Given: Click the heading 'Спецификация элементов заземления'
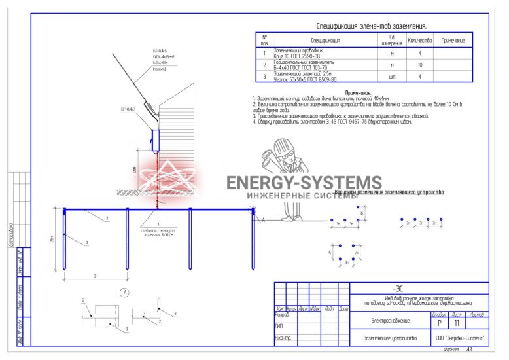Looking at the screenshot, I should [371, 26].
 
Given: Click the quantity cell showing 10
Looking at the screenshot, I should [420, 65].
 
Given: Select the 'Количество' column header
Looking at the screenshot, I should [420, 41].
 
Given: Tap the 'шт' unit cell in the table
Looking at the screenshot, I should [392, 77].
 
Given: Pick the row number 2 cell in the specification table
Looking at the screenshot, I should [264, 65].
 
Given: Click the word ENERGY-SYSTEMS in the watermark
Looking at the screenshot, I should [304, 183].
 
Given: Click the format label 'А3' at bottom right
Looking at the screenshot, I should [469, 350].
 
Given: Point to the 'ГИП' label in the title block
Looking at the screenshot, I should [279, 326].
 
